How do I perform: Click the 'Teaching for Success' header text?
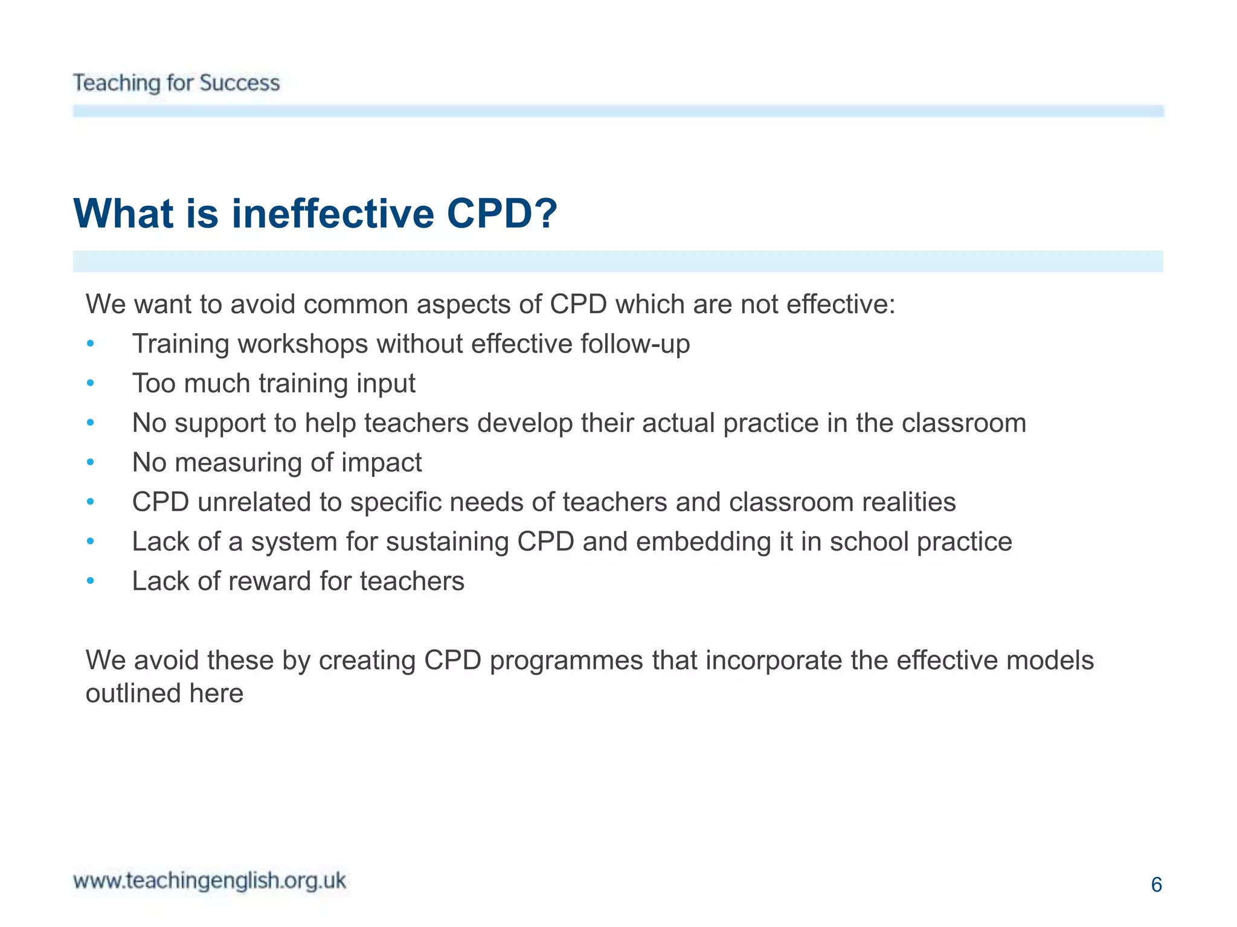[x=176, y=83]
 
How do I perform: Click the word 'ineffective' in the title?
[x=333, y=214]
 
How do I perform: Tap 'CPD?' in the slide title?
[x=502, y=214]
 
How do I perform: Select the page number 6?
[x=1156, y=885]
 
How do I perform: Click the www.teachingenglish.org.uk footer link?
[x=210, y=881]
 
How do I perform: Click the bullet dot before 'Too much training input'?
[x=91, y=383]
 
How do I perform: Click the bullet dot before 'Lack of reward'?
[x=91, y=581]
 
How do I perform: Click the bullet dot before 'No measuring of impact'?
[x=91, y=463]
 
